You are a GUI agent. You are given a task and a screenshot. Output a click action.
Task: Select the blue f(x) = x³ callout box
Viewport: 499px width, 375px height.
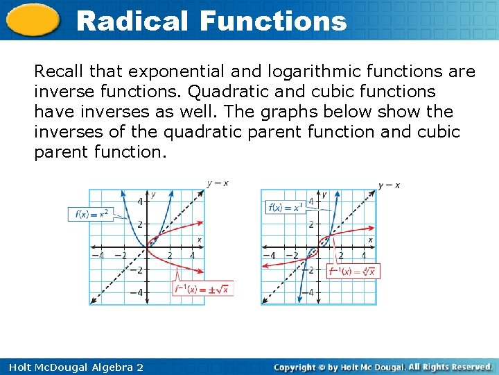tap(285, 207)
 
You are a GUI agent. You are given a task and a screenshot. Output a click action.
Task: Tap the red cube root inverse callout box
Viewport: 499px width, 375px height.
tap(353, 272)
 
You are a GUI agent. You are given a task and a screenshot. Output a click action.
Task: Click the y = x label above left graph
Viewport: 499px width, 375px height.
tap(218, 183)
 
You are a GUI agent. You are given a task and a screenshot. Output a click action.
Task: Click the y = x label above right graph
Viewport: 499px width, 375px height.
tap(389, 185)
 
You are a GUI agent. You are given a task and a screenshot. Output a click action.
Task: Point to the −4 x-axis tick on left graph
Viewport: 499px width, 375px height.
tap(98, 256)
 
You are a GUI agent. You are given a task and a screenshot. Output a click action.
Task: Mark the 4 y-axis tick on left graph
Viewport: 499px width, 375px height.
tap(139, 201)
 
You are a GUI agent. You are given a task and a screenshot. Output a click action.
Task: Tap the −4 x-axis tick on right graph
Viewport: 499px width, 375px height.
tap(270, 256)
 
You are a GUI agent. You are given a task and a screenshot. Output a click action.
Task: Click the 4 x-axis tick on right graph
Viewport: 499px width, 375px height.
tap(364, 256)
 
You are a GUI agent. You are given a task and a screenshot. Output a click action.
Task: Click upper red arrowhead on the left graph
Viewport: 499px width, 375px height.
tap(202, 223)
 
